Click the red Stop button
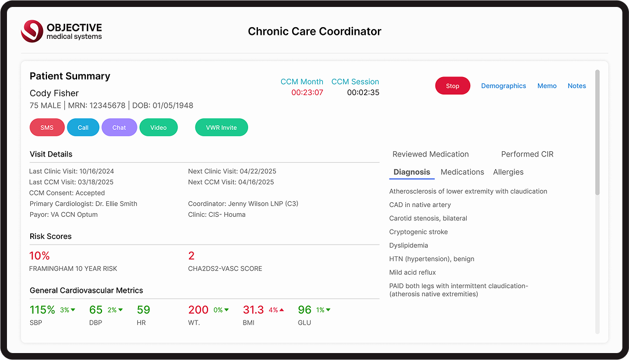[x=452, y=86]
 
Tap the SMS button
[x=47, y=128]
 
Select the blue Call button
[x=83, y=128]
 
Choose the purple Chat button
[x=119, y=128]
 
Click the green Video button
[x=158, y=128]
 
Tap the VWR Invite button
[x=221, y=128]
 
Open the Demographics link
[x=503, y=86]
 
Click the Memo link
[x=547, y=86]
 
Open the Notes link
[x=576, y=86]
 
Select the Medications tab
[x=462, y=172]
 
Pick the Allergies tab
[x=508, y=172]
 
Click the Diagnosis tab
[x=412, y=172]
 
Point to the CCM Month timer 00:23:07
[x=307, y=93]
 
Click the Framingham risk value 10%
[x=39, y=256]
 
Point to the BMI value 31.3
[x=253, y=310]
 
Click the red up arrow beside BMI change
[x=282, y=310]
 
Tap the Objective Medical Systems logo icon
[x=32, y=31]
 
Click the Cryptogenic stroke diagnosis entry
[x=418, y=232]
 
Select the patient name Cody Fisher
[x=54, y=93]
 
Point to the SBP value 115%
[x=42, y=310]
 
